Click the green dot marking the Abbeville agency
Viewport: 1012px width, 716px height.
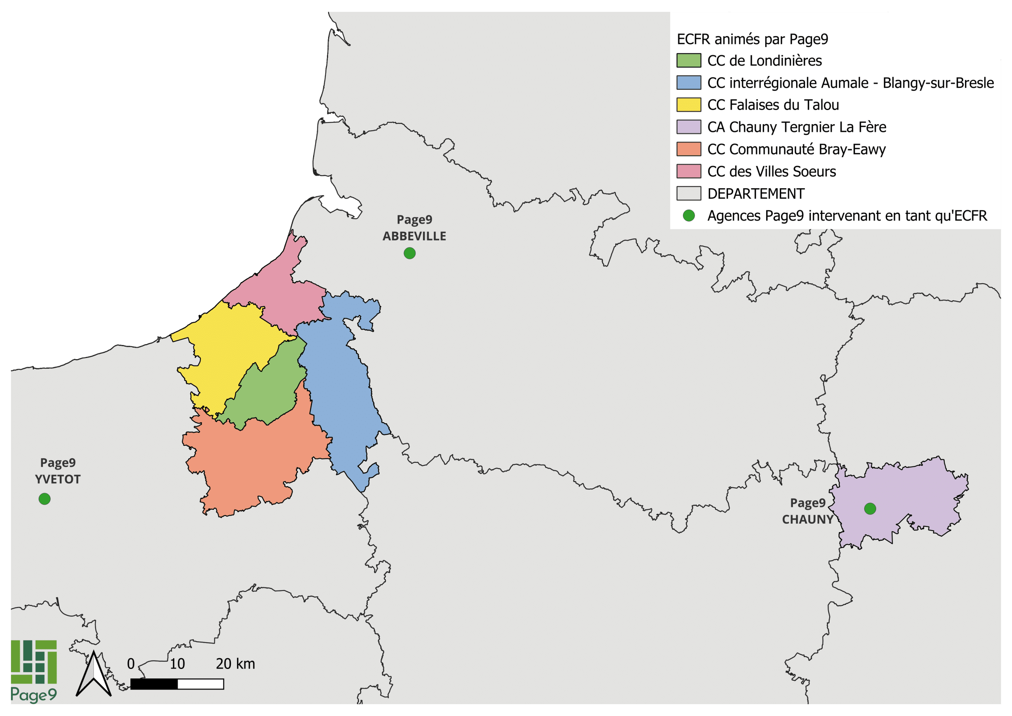pyautogui.click(x=410, y=253)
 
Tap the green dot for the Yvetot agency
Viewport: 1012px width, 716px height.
pyautogui.click(x=45, y=499)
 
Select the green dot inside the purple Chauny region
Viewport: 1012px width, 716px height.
pyautogui.click(x=870, y=509)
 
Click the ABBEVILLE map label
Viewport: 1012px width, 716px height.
pyautogui.click(x=414, y=237)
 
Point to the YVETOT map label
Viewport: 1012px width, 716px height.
pyautogui.click(x=58, y=479)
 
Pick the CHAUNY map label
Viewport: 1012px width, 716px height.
pyautogui.click(x=808, y=520)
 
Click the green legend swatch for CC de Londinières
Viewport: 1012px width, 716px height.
pyautogui.click(x=689, y=61)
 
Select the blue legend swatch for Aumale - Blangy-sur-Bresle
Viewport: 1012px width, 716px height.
pyautogui.click(x=689, y=83)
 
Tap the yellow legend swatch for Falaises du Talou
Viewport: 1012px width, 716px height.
pyautogui.click(x=689, y=104)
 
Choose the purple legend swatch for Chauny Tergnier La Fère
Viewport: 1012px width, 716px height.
pyautogui.click(x=689, y=127)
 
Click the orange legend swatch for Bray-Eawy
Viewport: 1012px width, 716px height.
pyautogui.click(x=689, y=149)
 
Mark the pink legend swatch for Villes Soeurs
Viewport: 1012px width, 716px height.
pyautogui.click(x=689, y=171)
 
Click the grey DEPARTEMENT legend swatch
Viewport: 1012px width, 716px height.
pyautogui.click(x=689, y=193)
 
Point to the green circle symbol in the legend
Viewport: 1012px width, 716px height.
pyautogui.click(x=689, y=216)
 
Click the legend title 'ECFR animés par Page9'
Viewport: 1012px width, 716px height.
pyautogui.click(x=752, y=39)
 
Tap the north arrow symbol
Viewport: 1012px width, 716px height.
pyautogui.click(x=93, y=674)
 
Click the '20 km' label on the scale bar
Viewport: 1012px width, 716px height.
pyautogui.click(x=235, y=664)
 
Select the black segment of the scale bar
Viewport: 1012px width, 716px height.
pyautogui.click(x=154, y=684)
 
